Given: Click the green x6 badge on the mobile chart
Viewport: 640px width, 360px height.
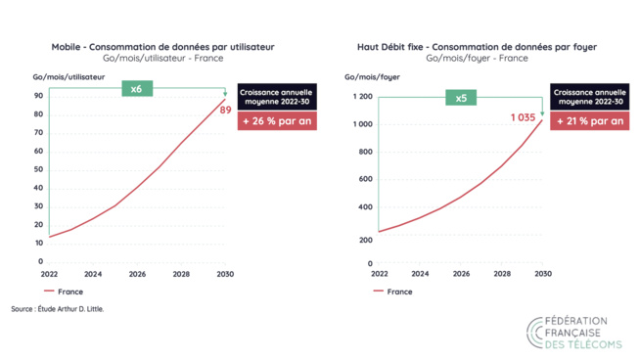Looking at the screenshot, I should point(137,89).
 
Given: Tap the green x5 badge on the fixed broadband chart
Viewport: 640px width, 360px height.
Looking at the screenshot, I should point(461,98).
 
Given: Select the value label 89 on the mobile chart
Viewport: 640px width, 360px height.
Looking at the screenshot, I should point(224,111).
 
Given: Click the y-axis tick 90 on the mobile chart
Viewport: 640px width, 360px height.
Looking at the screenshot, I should point(38,96).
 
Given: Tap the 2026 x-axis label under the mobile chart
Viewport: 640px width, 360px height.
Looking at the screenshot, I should point(137,275).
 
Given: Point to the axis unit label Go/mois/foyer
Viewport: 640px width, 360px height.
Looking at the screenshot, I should point(372,75).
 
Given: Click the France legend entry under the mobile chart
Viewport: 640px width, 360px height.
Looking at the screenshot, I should point(64,292).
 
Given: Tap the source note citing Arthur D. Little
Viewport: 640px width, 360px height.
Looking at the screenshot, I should point(57,309).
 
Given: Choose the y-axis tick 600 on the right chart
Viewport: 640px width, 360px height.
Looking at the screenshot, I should point(363,181).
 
